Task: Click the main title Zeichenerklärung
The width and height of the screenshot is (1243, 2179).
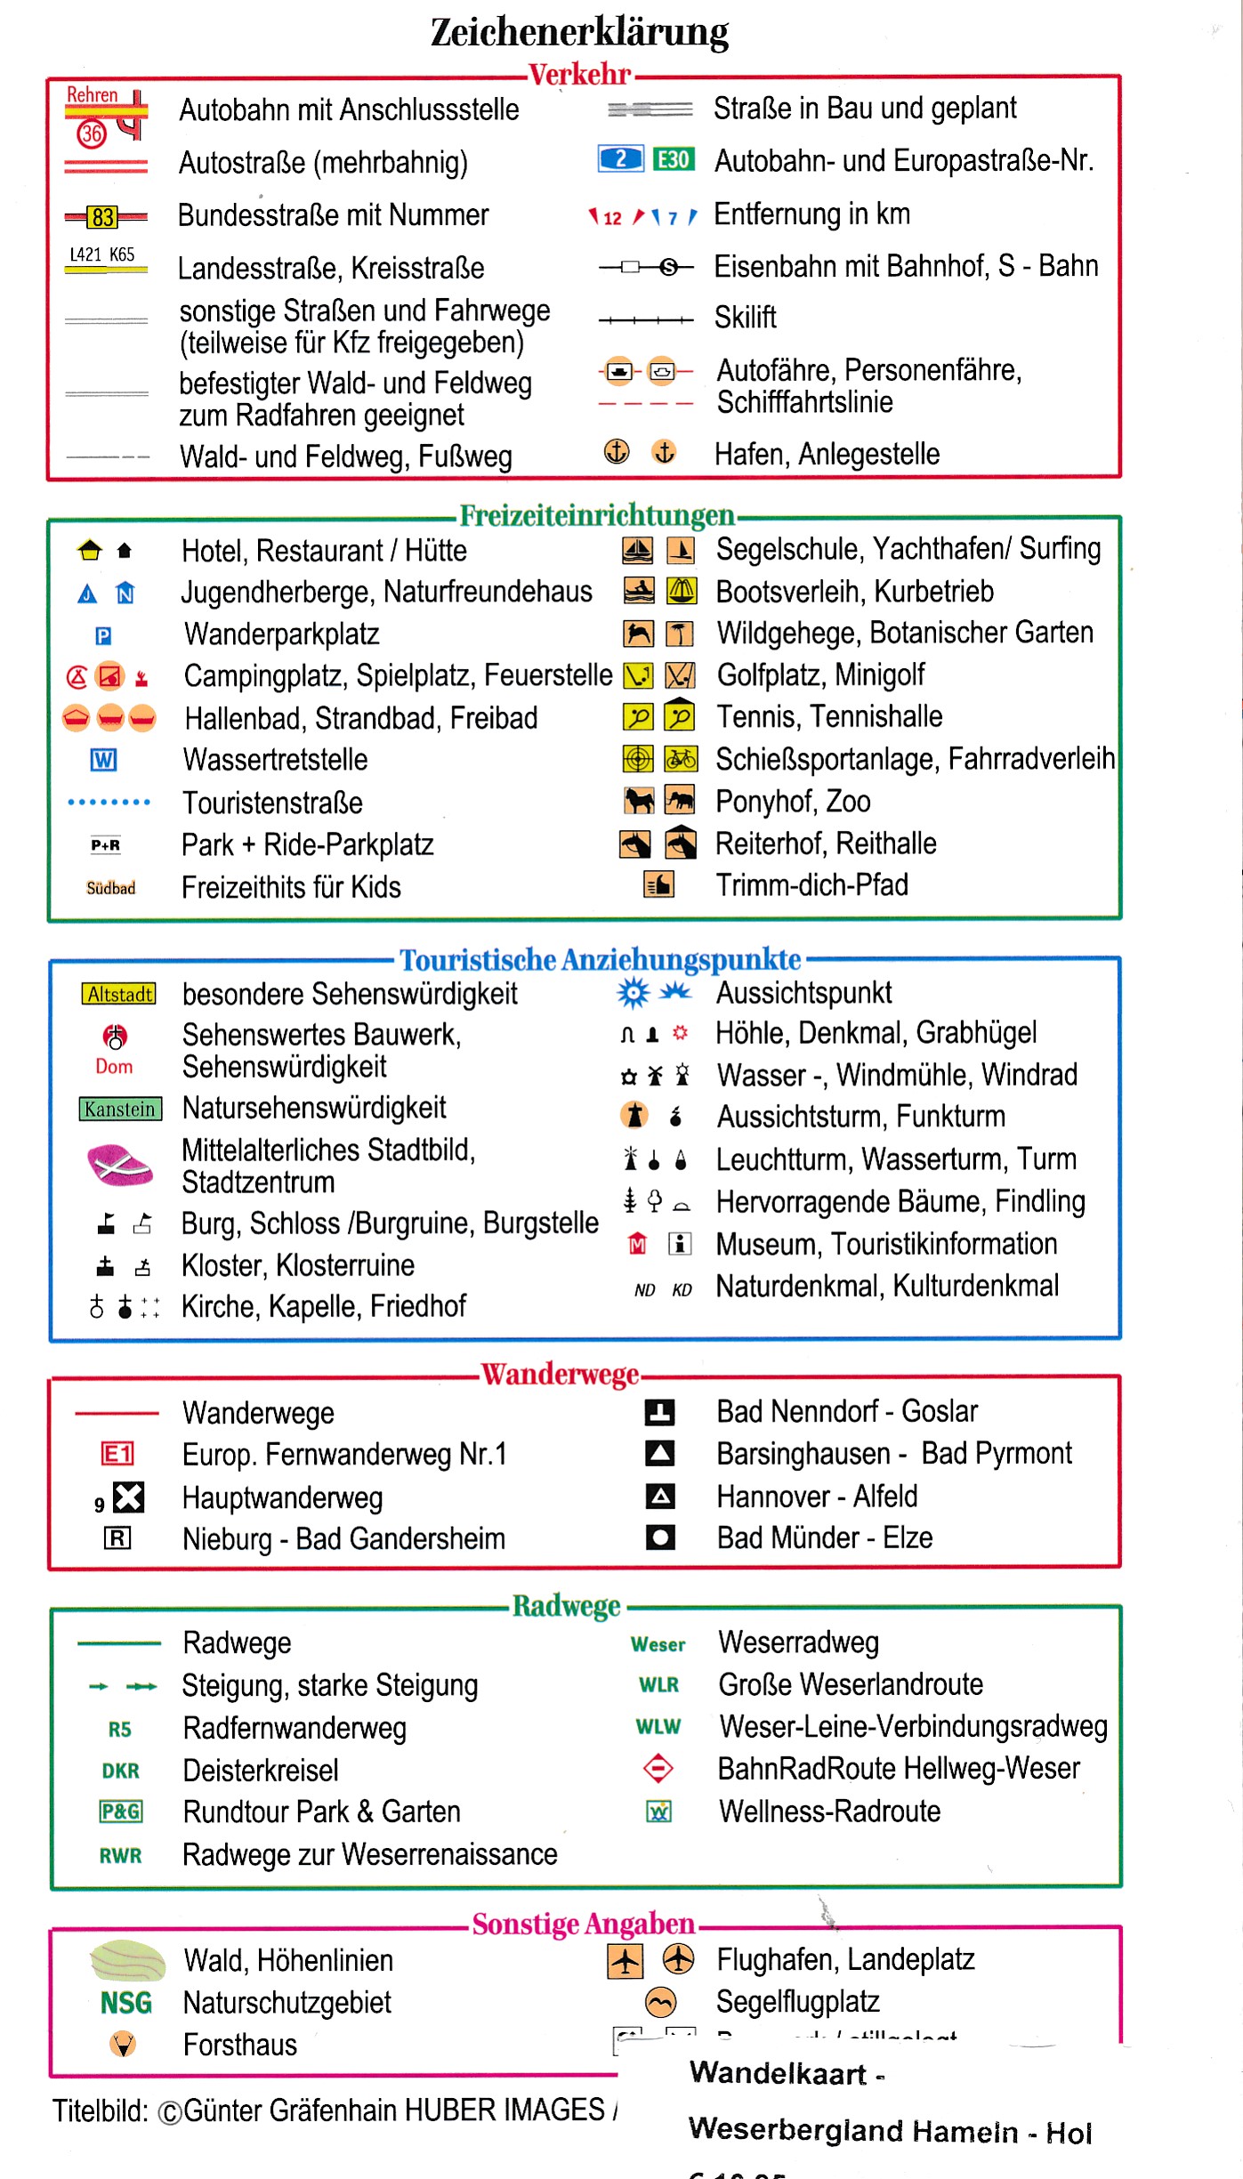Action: tap(579, 32)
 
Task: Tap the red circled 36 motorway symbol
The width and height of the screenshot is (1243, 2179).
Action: tap(92, 133)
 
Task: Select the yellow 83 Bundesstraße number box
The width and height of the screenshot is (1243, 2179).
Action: tap(103, 216)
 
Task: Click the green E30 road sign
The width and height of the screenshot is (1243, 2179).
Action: tap(673, 159)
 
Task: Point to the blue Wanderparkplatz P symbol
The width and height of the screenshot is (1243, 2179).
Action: tap(103, 636)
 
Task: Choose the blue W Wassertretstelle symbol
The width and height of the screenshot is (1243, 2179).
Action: tap(103, 760)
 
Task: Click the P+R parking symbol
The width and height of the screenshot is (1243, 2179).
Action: tap(105, 845)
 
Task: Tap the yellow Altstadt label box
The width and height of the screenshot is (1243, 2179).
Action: tap(118, 994)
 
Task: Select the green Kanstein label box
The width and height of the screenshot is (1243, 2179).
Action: tap(120, 1109)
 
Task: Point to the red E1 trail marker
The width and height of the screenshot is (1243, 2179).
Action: tap(117, 1454)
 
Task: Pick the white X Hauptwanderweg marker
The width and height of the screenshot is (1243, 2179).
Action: tap(128, 1497)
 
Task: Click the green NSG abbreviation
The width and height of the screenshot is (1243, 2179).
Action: tap(125, 2003)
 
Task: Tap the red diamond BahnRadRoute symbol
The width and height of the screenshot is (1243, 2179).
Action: tap(658, 1768)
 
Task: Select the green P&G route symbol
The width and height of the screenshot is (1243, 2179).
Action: tap(120, 1812)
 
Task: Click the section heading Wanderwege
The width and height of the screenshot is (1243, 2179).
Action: tap(560, 1375)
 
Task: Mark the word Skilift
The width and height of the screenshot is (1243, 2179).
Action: tap(746, 318)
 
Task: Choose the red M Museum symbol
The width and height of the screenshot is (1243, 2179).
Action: tap(637, 1244)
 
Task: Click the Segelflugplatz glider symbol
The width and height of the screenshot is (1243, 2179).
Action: tap(660, 2002)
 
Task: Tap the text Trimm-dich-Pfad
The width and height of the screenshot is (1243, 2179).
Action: tap(811, 885)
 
